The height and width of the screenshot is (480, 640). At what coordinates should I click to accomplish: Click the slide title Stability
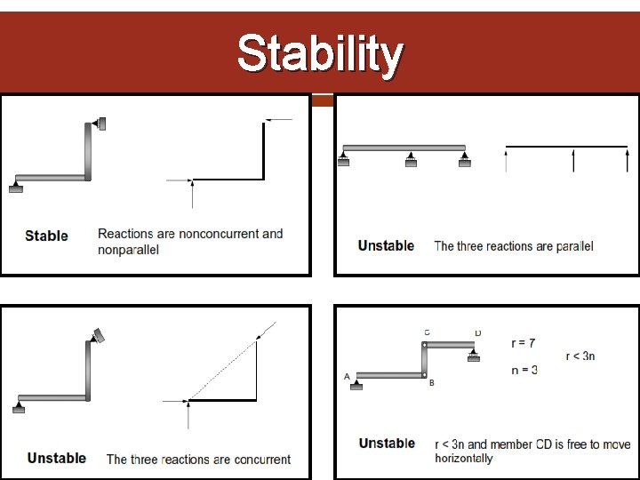[x=320, y=54]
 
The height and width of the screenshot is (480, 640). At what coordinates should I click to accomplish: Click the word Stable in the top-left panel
[x=46, y=236]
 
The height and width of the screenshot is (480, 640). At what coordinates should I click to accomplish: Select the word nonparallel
[x=128, y=251]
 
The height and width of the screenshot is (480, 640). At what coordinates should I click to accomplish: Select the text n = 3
[x=524, y=370]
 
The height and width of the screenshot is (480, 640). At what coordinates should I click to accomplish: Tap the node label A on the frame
[x=347, y=377]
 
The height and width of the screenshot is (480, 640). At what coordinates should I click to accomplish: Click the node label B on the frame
[x=431, y=384]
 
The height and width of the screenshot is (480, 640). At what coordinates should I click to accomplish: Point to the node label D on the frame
[x=477, y=332]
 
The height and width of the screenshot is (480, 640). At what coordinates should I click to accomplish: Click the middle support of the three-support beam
[x=410, y=159]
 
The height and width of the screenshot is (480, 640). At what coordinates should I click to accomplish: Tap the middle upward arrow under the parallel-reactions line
[x=573, y=161]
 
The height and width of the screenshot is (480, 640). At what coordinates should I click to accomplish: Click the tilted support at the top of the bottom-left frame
[x=97, y=335]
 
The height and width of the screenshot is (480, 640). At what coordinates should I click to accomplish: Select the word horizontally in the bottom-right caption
[x=463, y=459]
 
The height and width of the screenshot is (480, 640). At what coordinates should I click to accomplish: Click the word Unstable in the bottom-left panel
[x=57, y=458]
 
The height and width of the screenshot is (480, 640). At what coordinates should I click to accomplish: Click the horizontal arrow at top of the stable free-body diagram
[x=278, y=119]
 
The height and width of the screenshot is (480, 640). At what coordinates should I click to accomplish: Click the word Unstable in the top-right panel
[x=386, y=245]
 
